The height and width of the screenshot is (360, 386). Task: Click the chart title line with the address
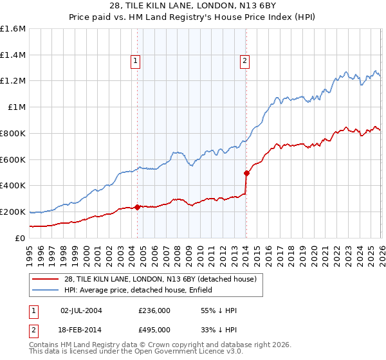[193, 6]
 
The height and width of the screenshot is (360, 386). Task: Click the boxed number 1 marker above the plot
[136, 62]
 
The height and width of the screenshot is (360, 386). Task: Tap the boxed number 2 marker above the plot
[245, 62]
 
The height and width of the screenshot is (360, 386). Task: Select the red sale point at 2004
[138, 207]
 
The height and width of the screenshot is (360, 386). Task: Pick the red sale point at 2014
[246, 173]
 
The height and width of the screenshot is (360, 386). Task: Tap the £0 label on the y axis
[21, 238]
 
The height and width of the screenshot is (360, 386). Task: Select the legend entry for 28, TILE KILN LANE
[161, 279]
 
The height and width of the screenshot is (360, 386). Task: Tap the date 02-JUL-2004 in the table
[81, 310]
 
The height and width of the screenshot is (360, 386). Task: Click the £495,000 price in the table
[154, 329]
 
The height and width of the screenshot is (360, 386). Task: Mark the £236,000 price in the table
[154, 310]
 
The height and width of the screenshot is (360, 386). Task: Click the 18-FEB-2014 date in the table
[81, 329]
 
